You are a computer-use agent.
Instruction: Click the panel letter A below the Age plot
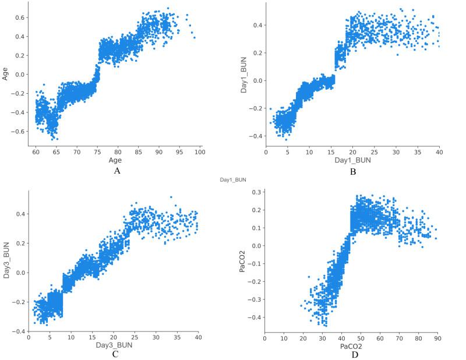[x=117, y=171]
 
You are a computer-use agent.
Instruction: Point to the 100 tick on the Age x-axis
[x=200, y=152]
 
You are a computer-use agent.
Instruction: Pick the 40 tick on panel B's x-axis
[x=439, y=152]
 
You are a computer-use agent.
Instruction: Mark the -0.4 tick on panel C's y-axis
[x=19, y=331]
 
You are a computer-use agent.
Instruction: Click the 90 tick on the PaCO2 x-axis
[x=436, y=337]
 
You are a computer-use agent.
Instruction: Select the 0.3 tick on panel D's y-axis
[x=254, y=192]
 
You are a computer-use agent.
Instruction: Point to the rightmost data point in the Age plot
[x=194, y=37]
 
